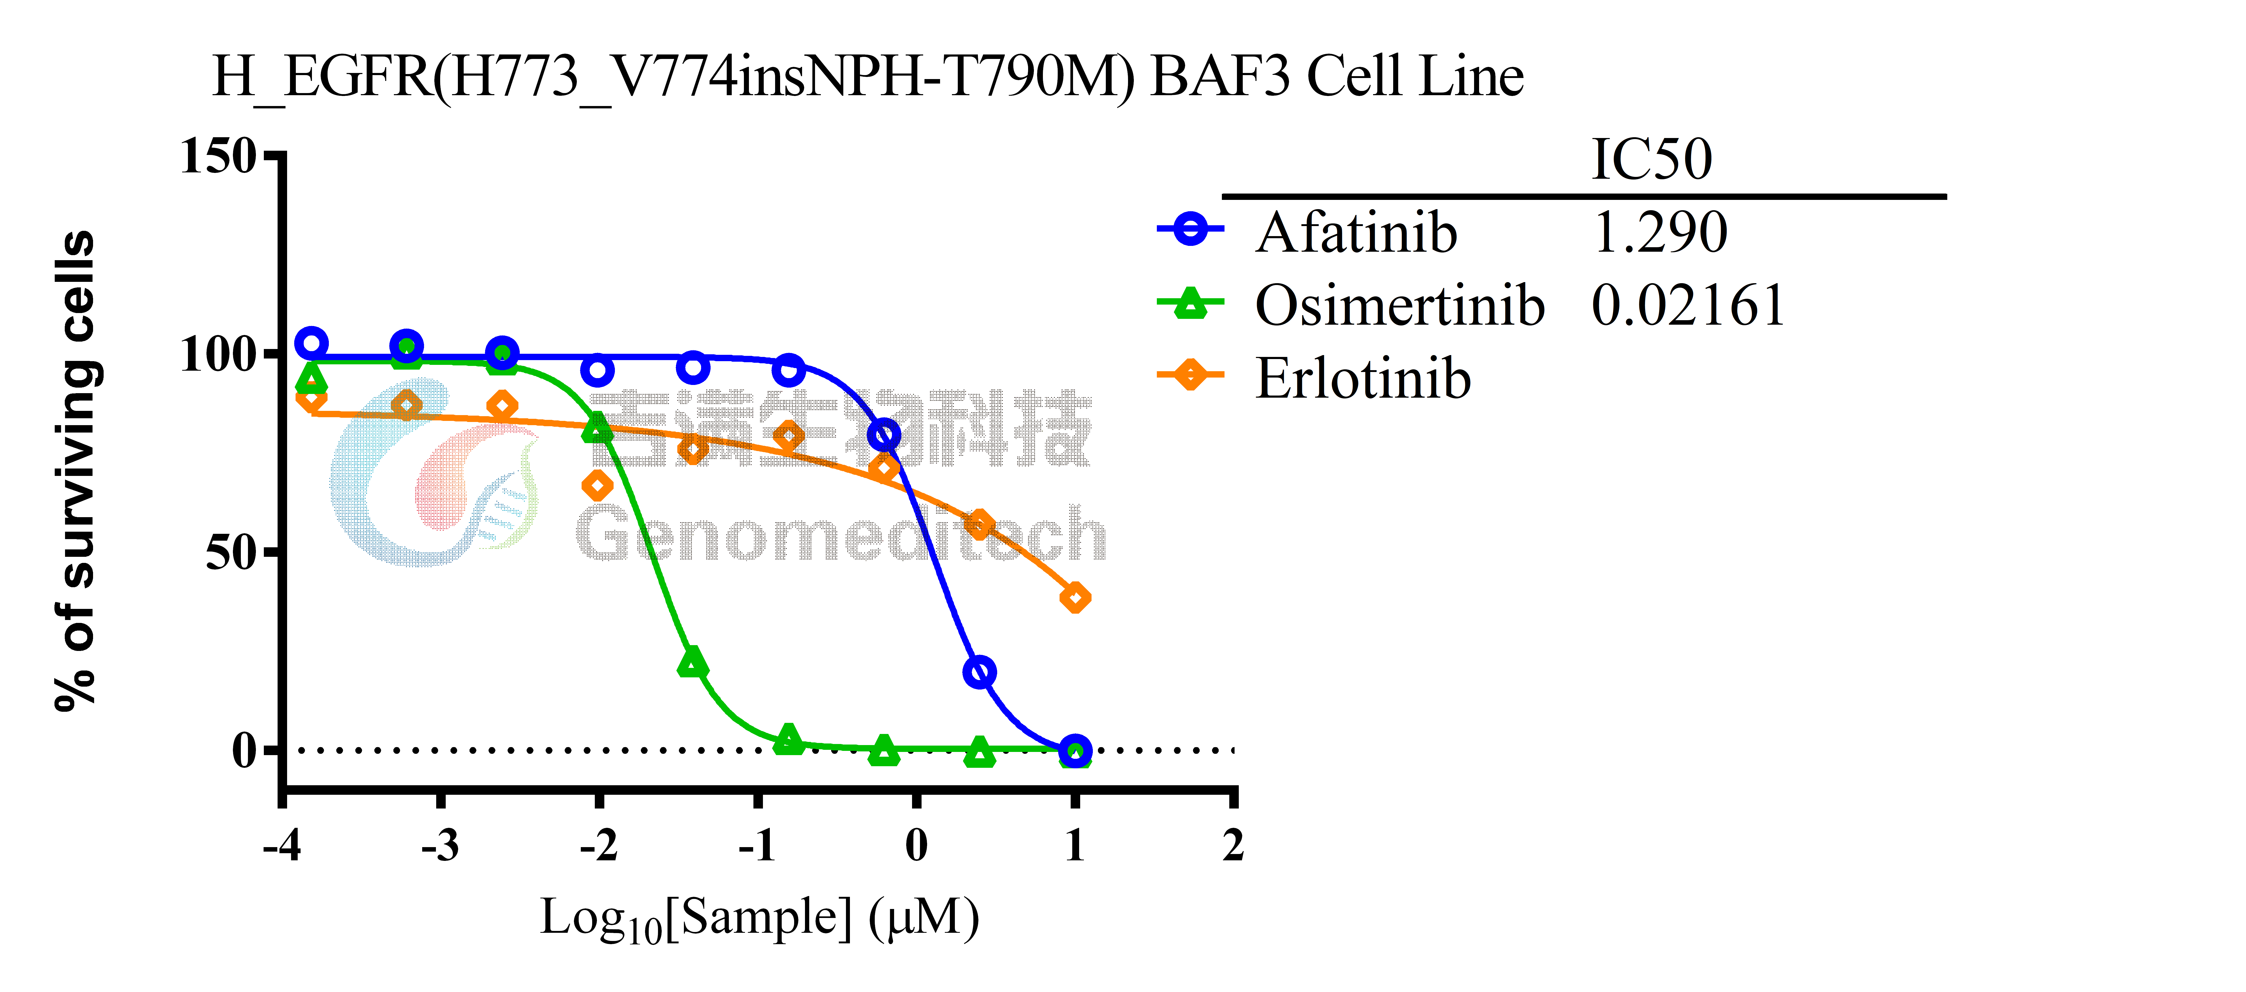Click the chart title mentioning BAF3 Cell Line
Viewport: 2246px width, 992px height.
click(x=868, y=77)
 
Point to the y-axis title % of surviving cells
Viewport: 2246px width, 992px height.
click(x=77, y=471)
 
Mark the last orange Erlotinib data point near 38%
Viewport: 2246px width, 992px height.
click(x=1075, y=598)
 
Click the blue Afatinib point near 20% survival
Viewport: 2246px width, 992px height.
click(x=980, y=672)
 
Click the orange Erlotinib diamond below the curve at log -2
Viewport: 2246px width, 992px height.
click(x=597, y=485)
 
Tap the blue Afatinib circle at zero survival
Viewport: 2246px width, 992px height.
click(x=1075, y=751)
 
